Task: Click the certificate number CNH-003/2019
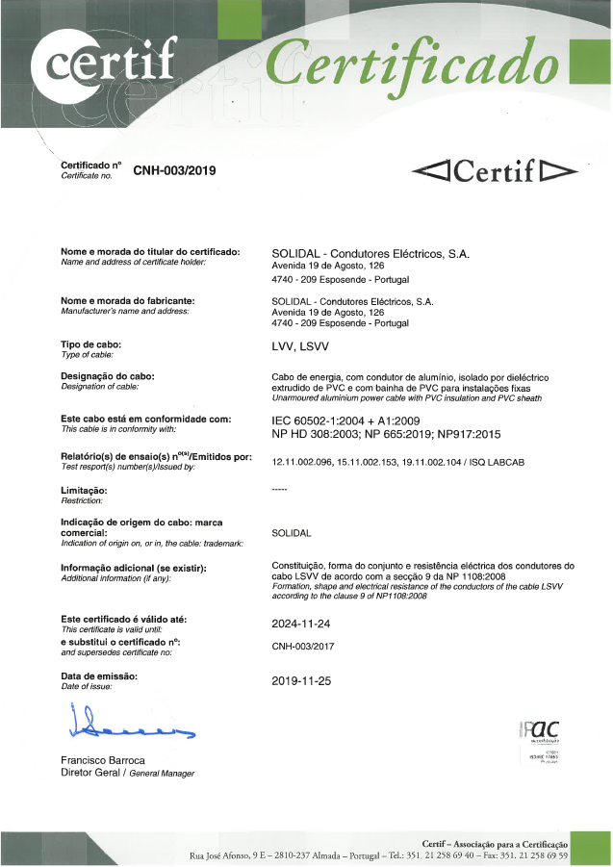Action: (174, 170)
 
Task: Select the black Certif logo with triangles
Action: (494, 171)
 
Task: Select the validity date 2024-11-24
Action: (301, 624)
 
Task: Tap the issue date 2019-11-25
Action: (301, 680)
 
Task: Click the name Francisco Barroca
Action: (103, 760)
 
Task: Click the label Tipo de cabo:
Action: (91, 344)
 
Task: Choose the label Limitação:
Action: (84, 491)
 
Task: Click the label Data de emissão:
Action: (100, 676)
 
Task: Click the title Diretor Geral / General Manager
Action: (127, 773)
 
